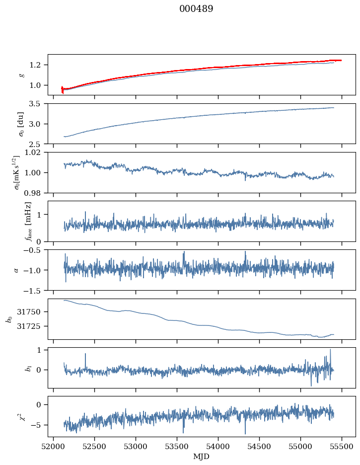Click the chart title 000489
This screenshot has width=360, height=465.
pyautogui.click(x=196, y=9)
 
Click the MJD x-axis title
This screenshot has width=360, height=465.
pyautogui.click(x=202, y=457)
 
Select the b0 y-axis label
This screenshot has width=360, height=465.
pyautogui.click(x=8, y=318)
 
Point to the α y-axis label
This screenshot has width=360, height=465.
pyautogui.click(x=16, y=270)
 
